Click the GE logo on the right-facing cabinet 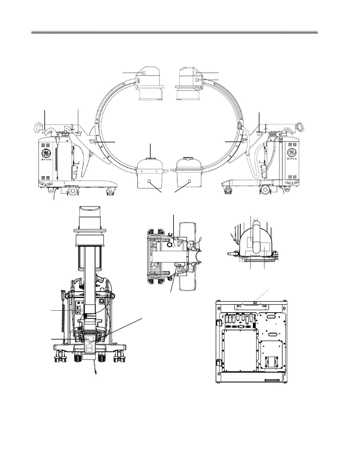point(292,152)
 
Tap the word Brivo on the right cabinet point(292,159)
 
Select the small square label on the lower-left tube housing point(149,182)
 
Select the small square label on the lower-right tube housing point(189,182)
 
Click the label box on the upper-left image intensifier point(144,73)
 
